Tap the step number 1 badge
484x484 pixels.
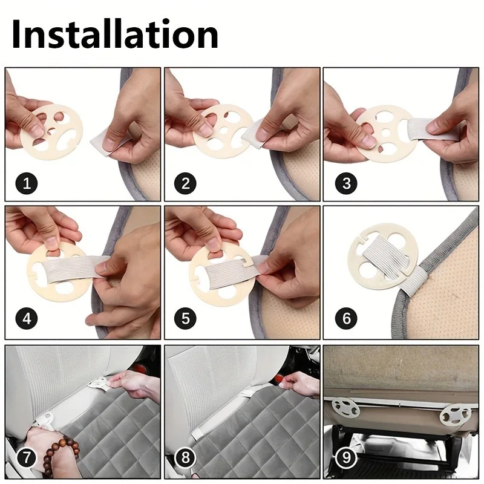27,183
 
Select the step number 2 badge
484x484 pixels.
186,183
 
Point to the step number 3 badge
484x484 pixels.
346,183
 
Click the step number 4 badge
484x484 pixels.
27,318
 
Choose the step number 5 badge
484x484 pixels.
186,318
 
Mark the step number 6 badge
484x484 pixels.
346,318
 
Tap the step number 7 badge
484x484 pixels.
27,457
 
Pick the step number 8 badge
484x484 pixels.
186,457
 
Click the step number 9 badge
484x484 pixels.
346,457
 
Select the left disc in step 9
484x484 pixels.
345,407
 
